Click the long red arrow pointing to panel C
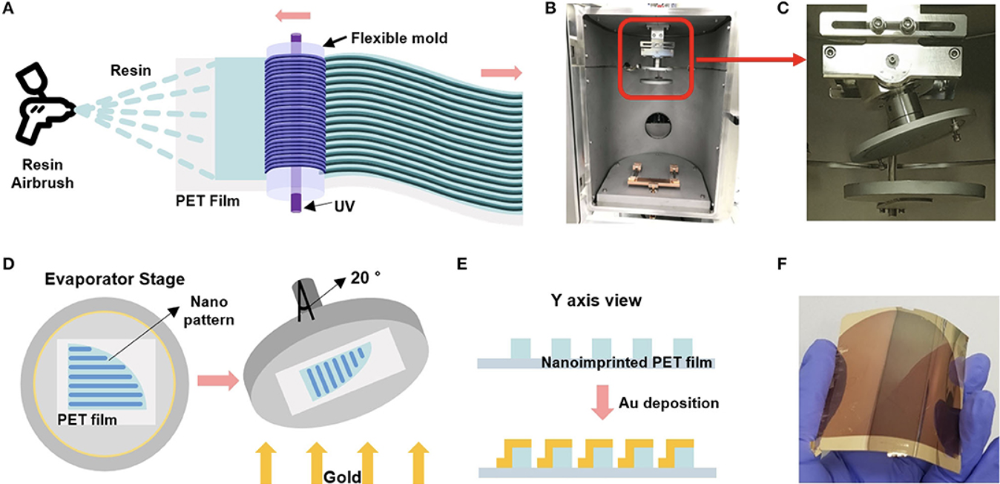[750, 59]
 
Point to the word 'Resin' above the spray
[131, 71]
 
